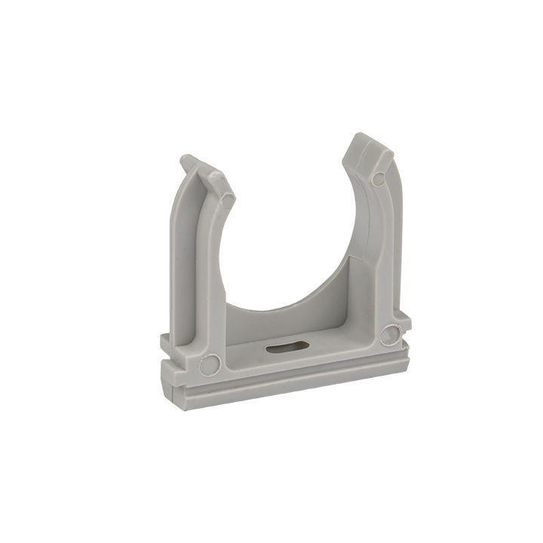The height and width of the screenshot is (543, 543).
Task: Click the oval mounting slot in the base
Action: [x=284, y=348]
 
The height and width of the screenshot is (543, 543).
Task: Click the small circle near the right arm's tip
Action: [x=379, y=178]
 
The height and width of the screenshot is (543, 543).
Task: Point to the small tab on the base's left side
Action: [x=165, y=343]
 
